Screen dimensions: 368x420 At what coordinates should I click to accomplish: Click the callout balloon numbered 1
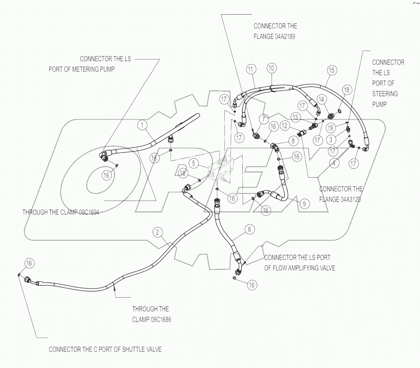click(x=142, y=125)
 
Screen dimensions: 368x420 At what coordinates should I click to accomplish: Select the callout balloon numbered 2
click(x=158, y=232)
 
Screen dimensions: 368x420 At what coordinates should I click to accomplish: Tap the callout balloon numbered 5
click(x=194, y=163)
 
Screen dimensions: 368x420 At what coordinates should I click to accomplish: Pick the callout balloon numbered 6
click(x=249, y=229)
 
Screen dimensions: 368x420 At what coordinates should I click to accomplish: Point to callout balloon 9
click(x=304, y=204)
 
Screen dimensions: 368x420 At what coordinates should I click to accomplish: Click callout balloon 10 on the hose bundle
click(x=272, y=68)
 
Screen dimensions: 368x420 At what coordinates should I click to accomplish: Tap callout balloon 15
click(x=331, y=70)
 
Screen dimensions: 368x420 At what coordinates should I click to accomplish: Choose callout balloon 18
click(x=347, y=90)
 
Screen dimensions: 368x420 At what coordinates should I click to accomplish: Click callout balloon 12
click(x=284, y=126)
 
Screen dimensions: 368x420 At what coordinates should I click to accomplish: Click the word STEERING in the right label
click(x=385, y=94)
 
